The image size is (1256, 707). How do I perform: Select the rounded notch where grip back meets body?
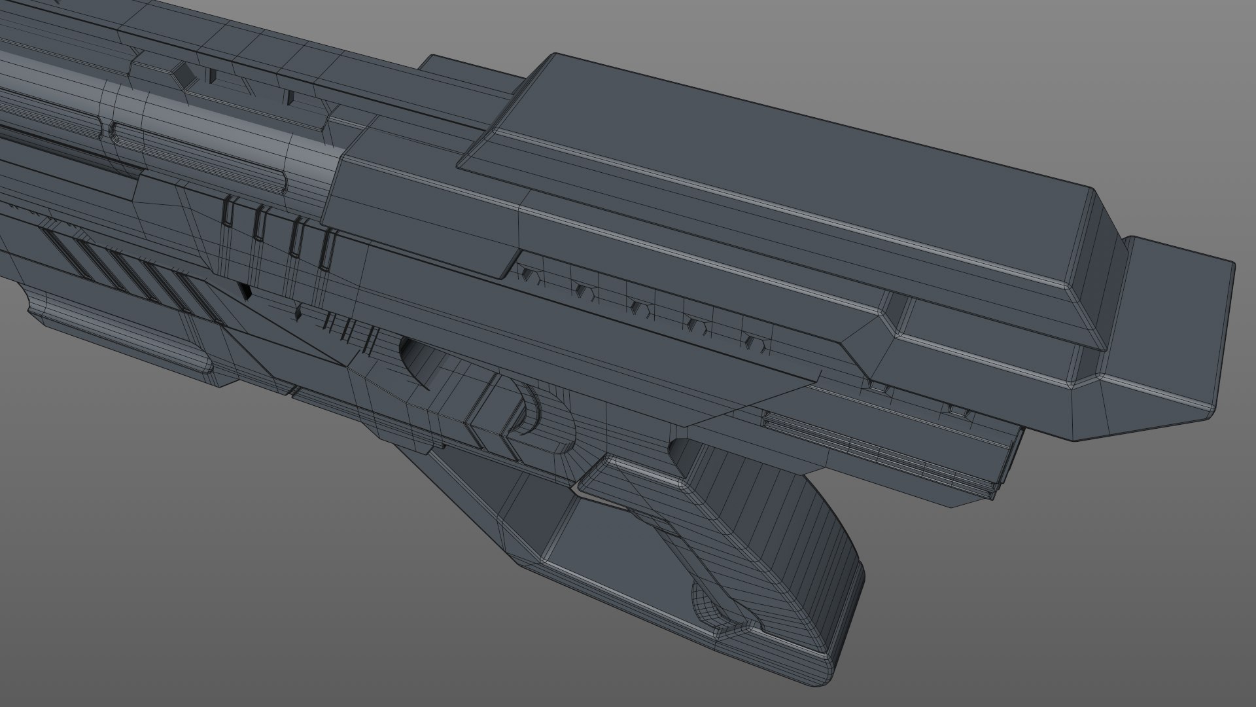pos(680,452)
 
